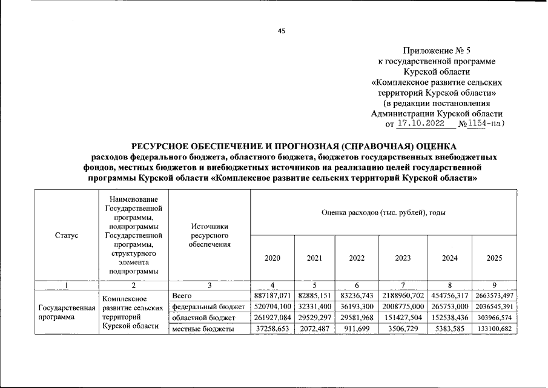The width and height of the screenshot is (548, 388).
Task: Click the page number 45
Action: (x=281, y=32)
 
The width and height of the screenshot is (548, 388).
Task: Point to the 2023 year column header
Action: (x=403, y=258)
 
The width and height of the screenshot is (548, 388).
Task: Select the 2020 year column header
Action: (x=272, y=258)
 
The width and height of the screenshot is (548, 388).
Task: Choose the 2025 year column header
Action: (x=495, y=258)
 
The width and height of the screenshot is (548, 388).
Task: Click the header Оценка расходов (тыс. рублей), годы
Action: (x=383, y=212)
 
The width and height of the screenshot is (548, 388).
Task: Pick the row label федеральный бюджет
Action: (x=209, y=307)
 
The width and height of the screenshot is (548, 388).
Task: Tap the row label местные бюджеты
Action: (x=203, y=329)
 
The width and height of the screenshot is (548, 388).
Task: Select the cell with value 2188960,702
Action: (x=403, y=295)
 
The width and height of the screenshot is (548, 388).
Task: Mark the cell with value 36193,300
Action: (x=357, y=307)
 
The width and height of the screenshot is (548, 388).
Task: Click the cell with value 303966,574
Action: (x=495, y=318)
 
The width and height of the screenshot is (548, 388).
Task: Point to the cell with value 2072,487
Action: (x=314, y=329)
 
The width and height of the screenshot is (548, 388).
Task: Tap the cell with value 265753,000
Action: (x=449, y=307)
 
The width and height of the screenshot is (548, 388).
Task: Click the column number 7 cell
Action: (x=403, y=285)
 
